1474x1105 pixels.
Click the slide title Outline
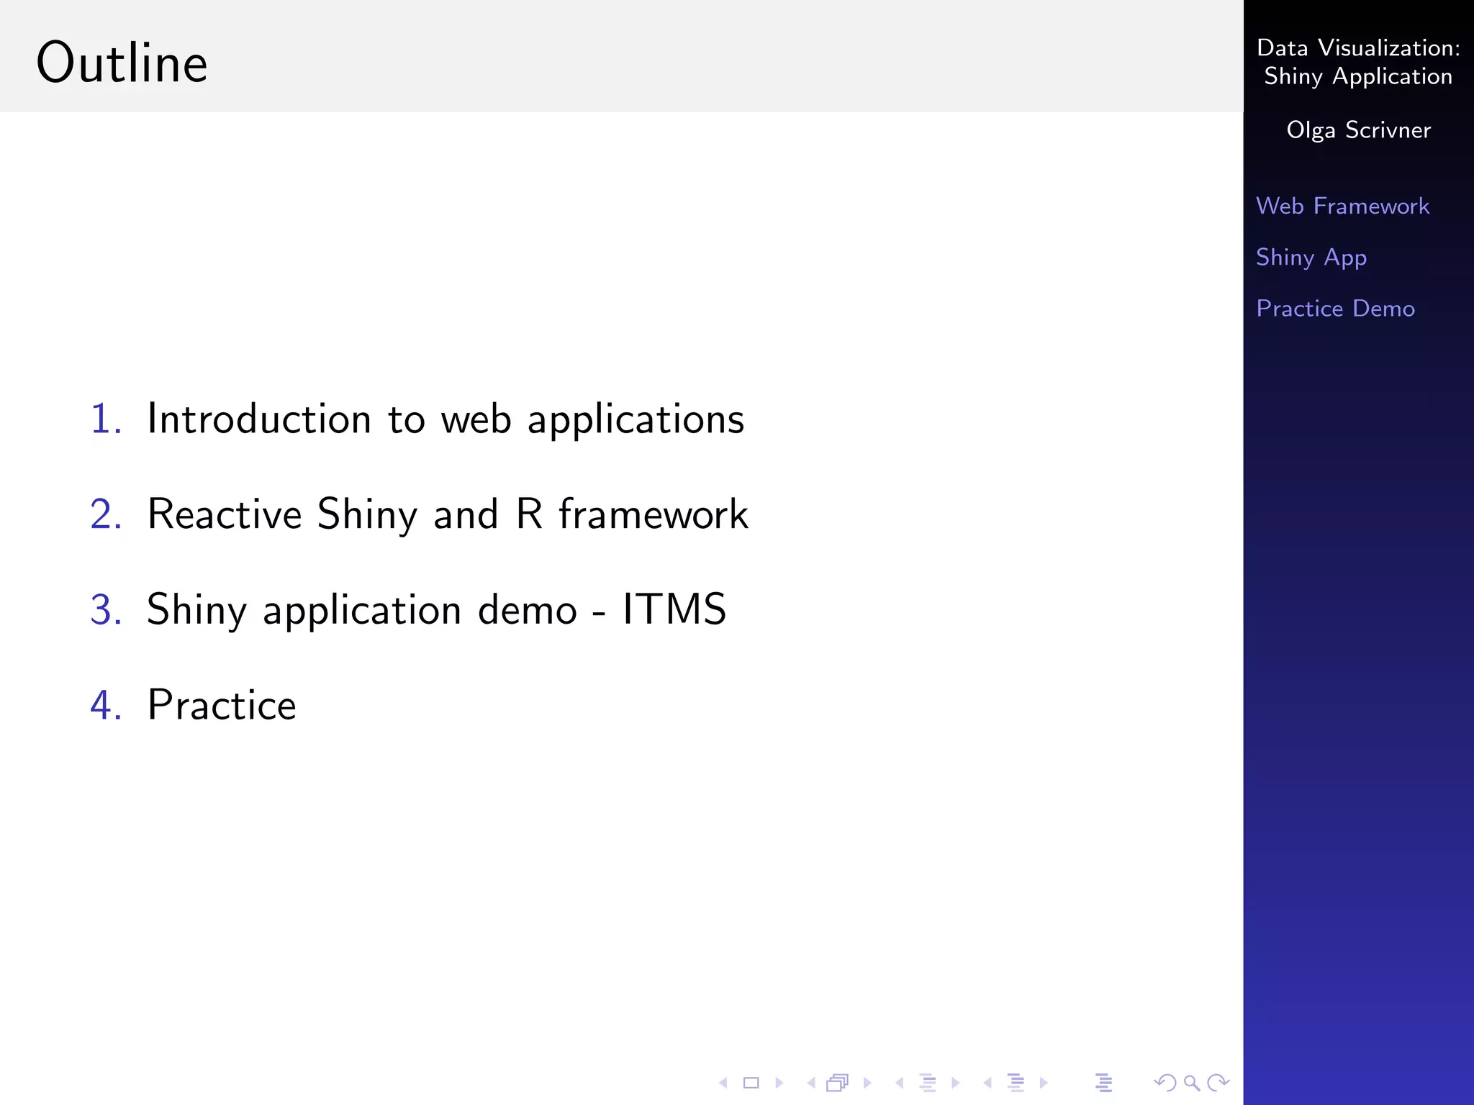click(x=122, y=63)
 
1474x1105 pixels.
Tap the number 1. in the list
click(x=106, y=419)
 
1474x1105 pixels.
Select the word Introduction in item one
click(x=259, y=419)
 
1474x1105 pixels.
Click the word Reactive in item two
click(x=225, y=514)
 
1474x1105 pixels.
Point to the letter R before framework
click(x=529, y=514)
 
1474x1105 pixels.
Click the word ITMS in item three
click(x=674, y=609)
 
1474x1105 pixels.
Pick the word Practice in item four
click(x=222, y=705)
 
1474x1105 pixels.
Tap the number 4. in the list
click(x=106, y=705)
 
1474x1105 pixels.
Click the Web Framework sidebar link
click(x=1342, y=206)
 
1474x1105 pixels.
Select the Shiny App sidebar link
click(x=1311, y=258)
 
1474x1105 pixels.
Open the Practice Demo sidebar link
click(x=1335, y=309)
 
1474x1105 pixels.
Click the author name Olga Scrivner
click(x=1358, y=130)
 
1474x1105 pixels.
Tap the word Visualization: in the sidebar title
click(x=1389, y=48)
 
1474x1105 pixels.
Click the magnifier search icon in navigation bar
click(x=1192, y=1083)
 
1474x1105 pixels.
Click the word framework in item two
click(x=654, y=514)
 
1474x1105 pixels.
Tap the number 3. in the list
click(x=106, y=609)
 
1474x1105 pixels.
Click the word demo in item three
click(x=528, y=609)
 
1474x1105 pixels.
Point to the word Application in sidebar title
click(x=1392, y=77)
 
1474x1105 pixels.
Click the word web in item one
click(x=476, y=419)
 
